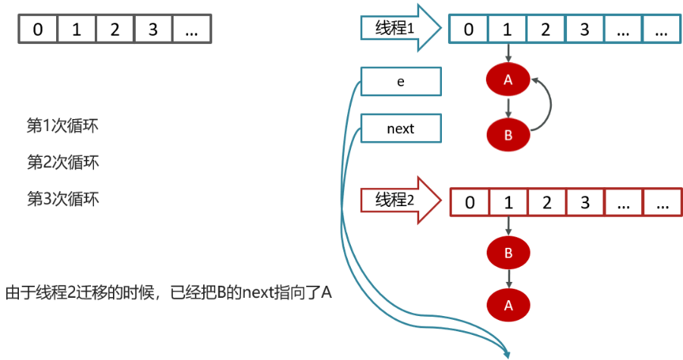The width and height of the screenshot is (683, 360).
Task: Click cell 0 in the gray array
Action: [x=38, y=30]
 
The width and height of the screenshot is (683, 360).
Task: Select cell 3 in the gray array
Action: [x=153, y=30]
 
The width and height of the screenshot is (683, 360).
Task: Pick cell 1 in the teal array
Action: [x=508, y=30]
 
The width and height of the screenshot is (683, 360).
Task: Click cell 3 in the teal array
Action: [x=584, y=30]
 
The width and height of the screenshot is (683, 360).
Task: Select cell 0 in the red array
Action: [x=470, y=203]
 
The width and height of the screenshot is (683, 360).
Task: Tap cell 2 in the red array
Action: [x=547, y=203]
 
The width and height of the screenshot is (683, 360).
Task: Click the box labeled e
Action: [x=400, y=81]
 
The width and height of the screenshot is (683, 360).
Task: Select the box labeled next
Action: [x=400, y=129]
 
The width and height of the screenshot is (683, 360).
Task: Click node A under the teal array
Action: [x=508, y=80]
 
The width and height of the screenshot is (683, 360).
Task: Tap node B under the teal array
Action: [x=508, y=136]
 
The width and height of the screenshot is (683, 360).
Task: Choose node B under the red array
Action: [x=508, y=251]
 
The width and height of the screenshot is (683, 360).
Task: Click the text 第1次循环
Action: [x=63, y=125]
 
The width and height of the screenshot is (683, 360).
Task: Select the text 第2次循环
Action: [x=63, y=162]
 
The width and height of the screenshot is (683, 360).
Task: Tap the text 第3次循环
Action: [x=63, y=199]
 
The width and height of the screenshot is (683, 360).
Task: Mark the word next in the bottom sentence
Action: [x=257, y=293]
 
